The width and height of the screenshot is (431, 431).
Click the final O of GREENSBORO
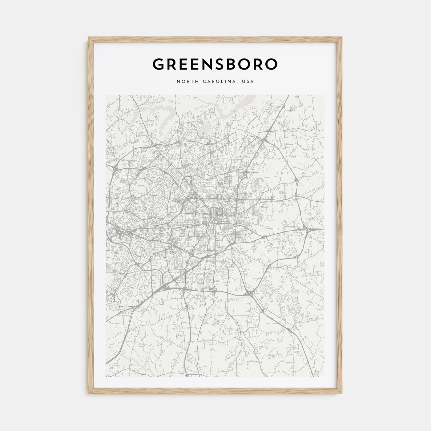click(271, 64)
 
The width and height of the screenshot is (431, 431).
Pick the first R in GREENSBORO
click(172, 64)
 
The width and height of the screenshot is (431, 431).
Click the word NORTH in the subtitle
click(187, 82)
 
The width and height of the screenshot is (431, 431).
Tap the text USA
click(248, 82)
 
